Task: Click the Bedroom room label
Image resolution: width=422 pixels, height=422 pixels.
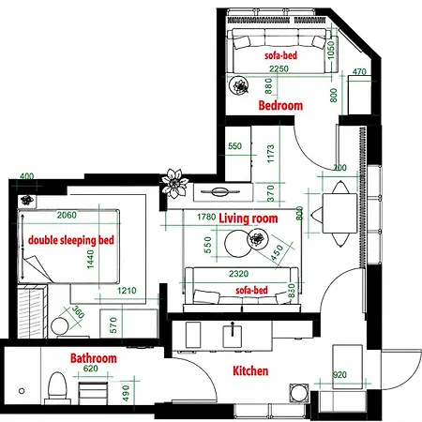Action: click(x=280, y=106)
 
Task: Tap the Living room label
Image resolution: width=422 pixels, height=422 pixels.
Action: click(x=249, y=219)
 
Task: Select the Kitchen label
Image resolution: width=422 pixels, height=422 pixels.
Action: click(x=250, y=370)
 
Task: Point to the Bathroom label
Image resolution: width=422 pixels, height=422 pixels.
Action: click(x=94, y=358)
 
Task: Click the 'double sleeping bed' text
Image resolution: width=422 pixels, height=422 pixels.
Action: click(x=71, y=240)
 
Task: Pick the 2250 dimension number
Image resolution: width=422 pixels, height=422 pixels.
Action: click(x=279, y=68)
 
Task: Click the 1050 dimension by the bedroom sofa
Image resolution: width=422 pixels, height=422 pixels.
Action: click(x=331, y=50)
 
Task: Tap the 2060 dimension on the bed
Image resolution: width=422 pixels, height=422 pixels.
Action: click(x=67, y=215)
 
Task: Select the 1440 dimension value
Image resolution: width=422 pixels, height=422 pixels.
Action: click(x=90, y=259)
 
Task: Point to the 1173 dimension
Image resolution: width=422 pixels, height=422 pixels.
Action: click(x=271, y=154)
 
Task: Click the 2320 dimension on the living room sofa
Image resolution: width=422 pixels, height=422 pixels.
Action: click(x=238, y=274)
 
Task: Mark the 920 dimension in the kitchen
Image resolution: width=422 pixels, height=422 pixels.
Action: click(x=339, y=375)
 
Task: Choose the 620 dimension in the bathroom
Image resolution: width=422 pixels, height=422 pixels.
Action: click(x=91, y=369)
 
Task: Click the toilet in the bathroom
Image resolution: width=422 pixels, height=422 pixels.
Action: click(x=58, y=386)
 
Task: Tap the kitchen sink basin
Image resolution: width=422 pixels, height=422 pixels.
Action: click(x=233, y=337)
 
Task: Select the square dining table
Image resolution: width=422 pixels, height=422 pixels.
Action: click(x=339, y=213)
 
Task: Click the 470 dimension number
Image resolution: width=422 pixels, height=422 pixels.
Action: click(x=359, y=71)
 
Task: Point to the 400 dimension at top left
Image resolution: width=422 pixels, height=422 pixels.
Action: click(x=27, y=176)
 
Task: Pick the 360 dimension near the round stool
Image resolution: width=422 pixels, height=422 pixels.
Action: click(x=78, y=312)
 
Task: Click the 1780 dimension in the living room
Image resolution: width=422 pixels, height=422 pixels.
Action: click(x=206, y=217)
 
